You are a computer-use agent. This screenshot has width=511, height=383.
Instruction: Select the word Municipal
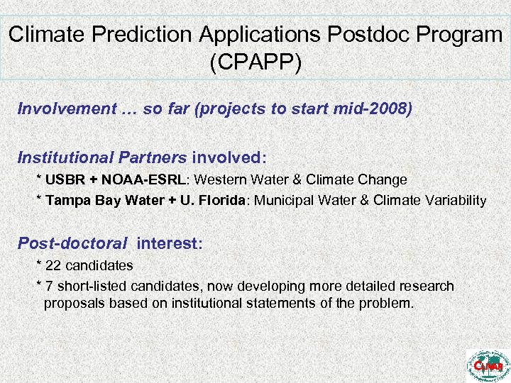282,201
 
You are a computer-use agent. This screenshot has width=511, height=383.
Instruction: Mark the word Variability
454,201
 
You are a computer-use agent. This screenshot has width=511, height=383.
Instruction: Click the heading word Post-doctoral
73,243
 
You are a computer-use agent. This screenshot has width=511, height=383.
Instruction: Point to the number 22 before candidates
53,266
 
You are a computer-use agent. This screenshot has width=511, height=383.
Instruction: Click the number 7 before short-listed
49,287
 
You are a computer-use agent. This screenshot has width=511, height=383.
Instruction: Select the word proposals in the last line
74,304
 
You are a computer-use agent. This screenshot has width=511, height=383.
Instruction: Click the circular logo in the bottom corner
487,364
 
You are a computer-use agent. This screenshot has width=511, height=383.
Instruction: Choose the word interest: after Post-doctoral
170,243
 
